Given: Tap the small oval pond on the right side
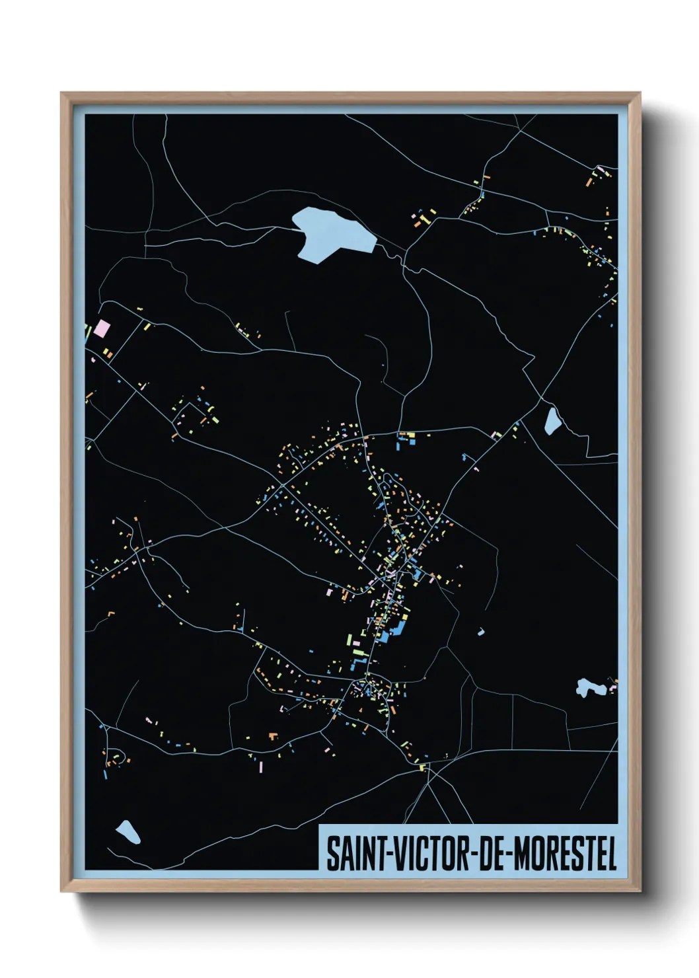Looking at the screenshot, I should tap(552, 421).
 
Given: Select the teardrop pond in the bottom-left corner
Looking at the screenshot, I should tap(128, 832).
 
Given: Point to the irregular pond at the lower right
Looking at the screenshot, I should tap(587, 687).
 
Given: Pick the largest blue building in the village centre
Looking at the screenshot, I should tap(399, 624).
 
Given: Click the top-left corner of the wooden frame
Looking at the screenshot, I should tap(62, 94).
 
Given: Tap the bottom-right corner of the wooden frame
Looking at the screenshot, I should tap(640, 891).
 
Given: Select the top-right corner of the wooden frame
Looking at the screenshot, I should tap(640, 94).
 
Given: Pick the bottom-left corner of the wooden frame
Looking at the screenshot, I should tap(62, 891).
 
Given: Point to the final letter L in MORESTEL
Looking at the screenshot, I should tap(612, 854).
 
